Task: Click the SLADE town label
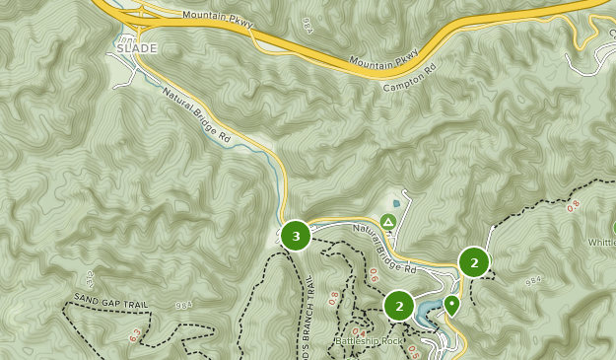click(136, 47)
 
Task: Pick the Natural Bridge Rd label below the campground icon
click(384, 249)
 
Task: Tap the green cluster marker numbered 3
click(296, 236)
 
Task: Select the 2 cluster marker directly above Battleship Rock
click(399, 306)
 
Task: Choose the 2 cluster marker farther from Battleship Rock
click(474, 262)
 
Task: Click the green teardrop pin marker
click(451, 304)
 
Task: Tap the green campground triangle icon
click(388, 221)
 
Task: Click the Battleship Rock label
click(370, 341)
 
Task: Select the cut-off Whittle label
click(601, 243)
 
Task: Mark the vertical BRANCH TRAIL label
click(308, 316)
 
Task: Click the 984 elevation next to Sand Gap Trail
click(182, 306)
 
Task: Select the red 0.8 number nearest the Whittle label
click(575, 207)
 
